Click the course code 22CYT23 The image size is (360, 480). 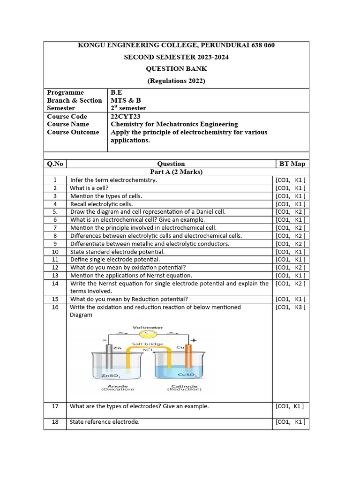tap(125, 116)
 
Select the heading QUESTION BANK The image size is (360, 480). tap(176, 69)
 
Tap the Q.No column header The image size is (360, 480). tap(55, 164)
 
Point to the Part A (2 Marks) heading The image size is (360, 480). tap(176, 172)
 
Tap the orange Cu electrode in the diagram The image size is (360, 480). tap(188, 359)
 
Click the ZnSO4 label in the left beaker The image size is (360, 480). tap(111, 375)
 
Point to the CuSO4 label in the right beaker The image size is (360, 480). tap(190, 375)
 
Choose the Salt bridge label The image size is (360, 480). tap(148, 344)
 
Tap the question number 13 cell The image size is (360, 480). tap(55, 275)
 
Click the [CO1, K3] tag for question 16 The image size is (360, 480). tap(291, 307)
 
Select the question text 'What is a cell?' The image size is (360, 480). tap(89, 187)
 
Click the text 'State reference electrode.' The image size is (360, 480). tap(105, 422)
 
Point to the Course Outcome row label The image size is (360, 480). tap(73, 132)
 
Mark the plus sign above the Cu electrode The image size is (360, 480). tap(193, 340)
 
